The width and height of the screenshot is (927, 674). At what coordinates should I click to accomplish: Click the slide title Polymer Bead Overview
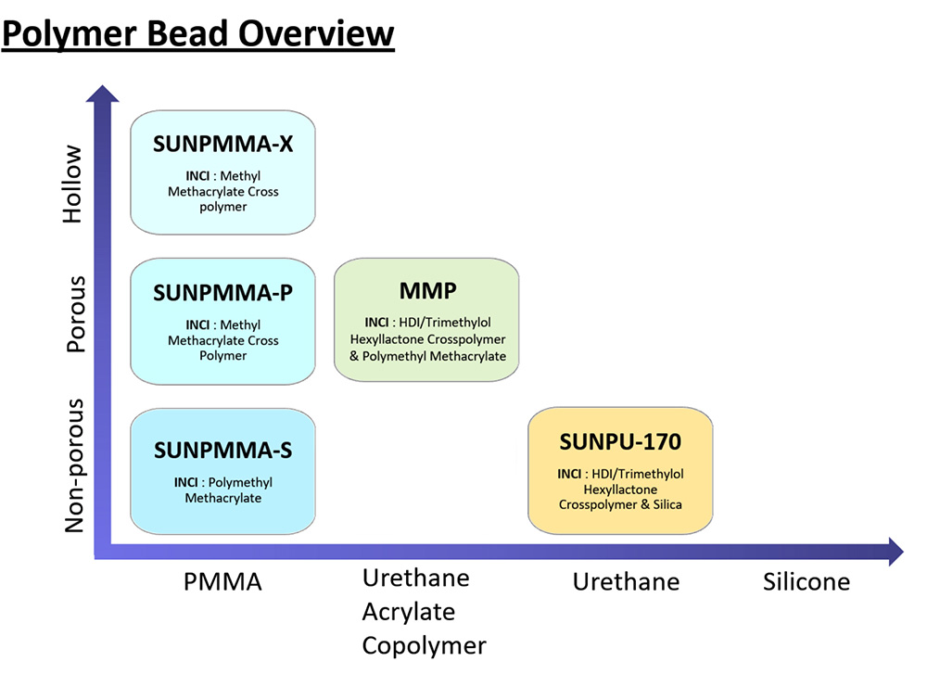(197, 34)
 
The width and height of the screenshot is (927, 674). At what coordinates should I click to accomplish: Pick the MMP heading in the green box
(427, 291)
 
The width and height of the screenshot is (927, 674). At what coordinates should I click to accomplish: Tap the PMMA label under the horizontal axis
(223, 582)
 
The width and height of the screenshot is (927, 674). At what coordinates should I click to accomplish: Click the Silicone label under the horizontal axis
(806, 582)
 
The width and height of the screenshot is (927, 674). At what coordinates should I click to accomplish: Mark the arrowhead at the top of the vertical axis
(103, 94)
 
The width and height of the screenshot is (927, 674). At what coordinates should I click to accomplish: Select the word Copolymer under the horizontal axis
(424, 645)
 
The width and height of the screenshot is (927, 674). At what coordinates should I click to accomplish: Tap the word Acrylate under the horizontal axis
(409, 613)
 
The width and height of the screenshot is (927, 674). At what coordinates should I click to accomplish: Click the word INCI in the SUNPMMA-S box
(188, 483)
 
